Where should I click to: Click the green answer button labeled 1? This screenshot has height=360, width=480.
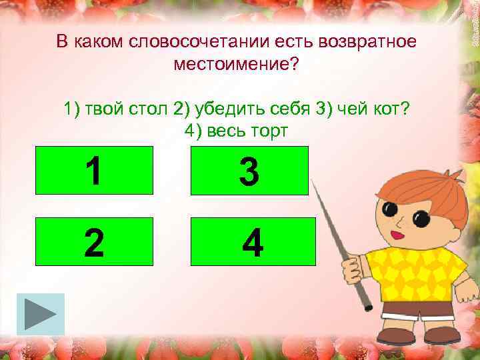94,171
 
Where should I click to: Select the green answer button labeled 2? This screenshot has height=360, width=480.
94,241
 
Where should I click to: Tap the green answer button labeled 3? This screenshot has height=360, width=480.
249,171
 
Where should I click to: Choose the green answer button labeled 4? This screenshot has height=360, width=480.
253,241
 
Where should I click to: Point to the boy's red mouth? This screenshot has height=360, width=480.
398,235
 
